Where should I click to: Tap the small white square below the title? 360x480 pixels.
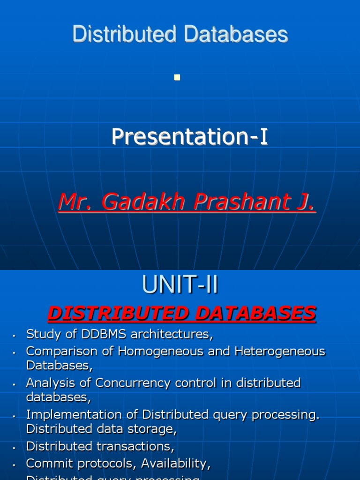[177, 78]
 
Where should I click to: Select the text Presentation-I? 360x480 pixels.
[189, 137]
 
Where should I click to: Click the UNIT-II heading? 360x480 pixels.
[180, 285]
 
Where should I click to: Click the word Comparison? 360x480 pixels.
[55, 351]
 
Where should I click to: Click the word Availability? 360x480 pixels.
[176, 464]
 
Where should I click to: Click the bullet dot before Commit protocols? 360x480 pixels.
[15, 465]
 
